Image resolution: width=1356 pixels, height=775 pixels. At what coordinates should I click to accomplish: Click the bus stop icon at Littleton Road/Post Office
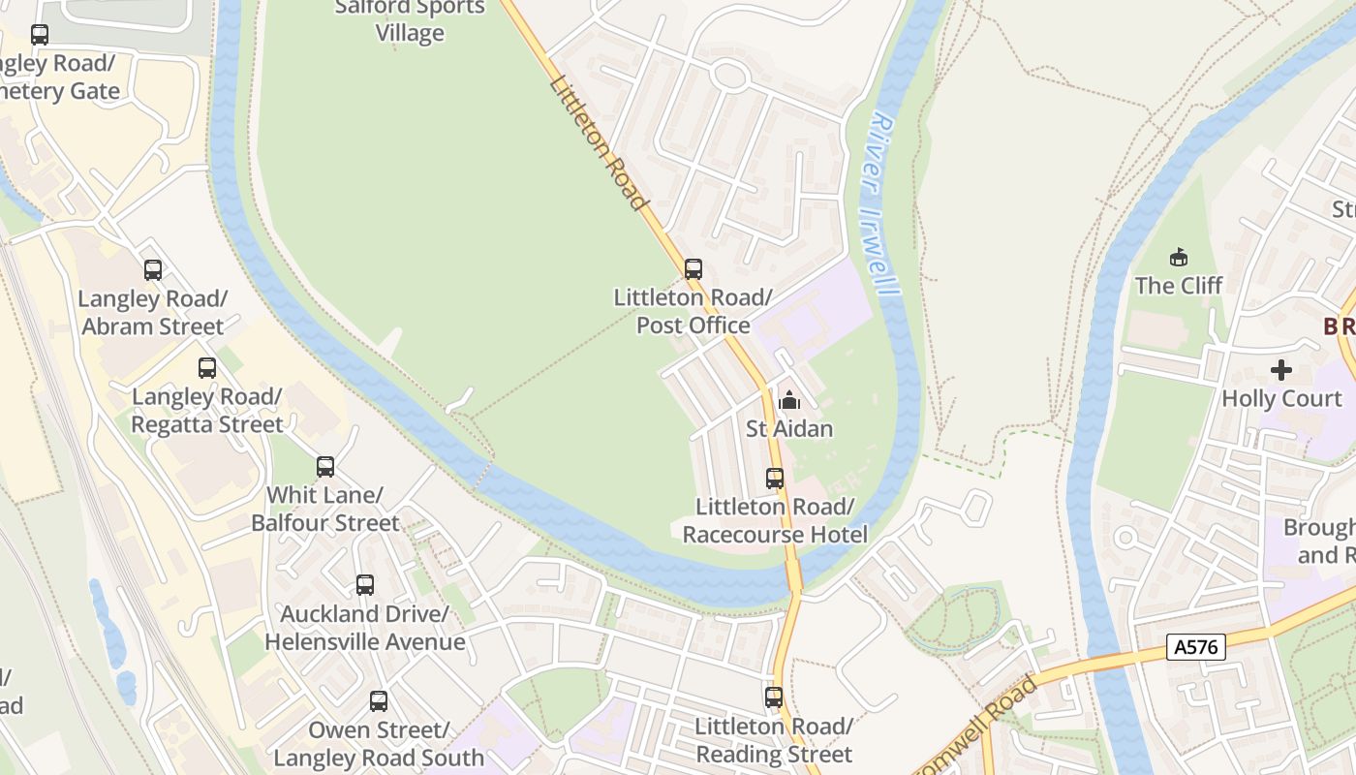693,269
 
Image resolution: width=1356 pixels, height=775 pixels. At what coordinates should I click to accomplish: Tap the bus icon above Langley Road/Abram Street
153,270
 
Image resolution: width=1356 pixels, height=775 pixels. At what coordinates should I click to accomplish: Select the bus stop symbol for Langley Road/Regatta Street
207,368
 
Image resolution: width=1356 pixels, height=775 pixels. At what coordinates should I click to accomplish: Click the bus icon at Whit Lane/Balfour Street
325,467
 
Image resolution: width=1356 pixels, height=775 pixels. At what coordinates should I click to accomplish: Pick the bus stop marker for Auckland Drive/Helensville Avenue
365,585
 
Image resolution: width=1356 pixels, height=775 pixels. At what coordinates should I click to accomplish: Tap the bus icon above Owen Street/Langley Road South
379,701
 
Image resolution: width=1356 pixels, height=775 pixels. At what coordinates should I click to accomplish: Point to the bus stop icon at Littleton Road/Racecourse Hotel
775,479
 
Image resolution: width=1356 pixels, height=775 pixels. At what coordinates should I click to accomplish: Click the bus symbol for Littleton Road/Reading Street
774,697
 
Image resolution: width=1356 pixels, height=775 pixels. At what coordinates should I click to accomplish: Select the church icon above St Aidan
789,399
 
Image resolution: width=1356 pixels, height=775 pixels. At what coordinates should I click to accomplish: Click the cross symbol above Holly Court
1281,370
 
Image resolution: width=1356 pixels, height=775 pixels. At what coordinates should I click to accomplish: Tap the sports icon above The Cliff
1179,258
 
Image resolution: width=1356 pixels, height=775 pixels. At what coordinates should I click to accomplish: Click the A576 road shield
1196,647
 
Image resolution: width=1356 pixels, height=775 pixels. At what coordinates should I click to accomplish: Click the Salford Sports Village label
410,20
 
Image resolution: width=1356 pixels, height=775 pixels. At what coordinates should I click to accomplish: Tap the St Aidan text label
789,428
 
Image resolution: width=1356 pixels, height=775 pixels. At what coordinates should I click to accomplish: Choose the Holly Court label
1281,398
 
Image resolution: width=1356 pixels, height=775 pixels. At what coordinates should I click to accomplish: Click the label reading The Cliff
1179,286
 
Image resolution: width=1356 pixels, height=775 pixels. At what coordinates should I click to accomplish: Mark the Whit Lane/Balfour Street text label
325,510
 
